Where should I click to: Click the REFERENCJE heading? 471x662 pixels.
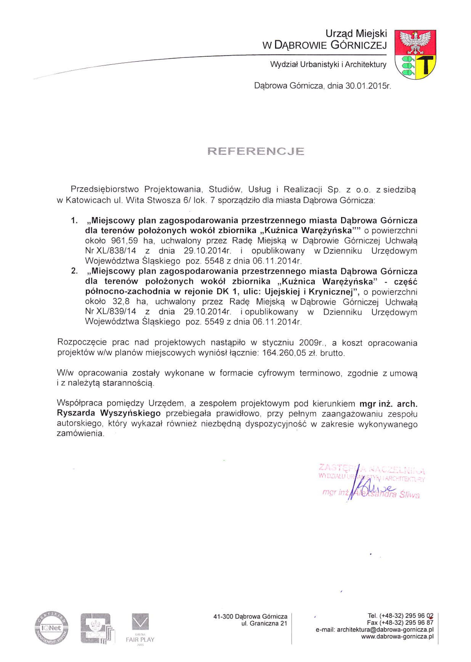(256, 151)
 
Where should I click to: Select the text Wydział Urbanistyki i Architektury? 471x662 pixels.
(328, 64)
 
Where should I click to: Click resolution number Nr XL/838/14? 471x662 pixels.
(110, 251)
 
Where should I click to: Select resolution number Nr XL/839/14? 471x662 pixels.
(110, 312)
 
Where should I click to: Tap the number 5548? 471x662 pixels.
(214, 261)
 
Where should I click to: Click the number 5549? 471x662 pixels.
(214, 322)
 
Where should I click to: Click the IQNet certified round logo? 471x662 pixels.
(52, 628)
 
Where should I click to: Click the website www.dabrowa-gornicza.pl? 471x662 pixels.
(397, 637)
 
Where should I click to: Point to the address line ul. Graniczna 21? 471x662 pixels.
(262, 624)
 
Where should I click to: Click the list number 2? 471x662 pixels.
(74, 271)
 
